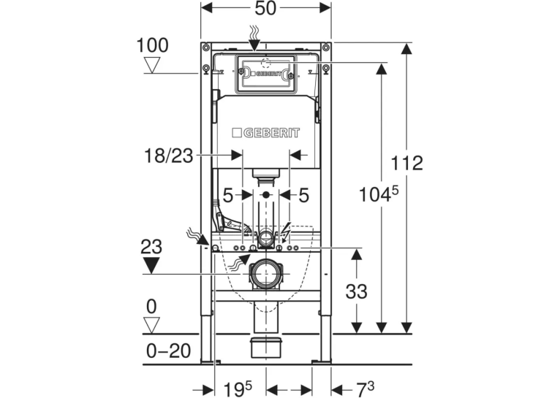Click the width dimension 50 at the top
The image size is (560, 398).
(x=265, y=9)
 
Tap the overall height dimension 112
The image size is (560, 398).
(x=406, y=163)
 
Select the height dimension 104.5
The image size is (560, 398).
(x=378, y=194)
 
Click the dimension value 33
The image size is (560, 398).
(x=356, y=291)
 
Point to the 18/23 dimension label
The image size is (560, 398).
(x=168, y=156)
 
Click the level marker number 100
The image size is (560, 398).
(x=153, y=46)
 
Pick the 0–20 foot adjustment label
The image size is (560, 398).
(x=168, y=351)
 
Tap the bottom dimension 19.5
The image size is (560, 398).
(x=238, y=389)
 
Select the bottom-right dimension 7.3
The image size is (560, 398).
(x=366, y=389)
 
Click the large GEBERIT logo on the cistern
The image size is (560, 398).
(x=265, y=133)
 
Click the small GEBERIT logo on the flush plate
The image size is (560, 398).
(x=265, y=74)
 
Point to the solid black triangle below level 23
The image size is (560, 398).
(x=151, y=266)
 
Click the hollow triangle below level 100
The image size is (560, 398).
(x=152, y=66)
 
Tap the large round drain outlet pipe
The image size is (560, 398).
(x=265, y=274)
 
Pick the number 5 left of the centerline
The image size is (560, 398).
(x=228, y=196)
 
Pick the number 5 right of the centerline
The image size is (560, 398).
(x=303, y=196)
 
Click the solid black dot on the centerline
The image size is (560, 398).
(x=265, y=195)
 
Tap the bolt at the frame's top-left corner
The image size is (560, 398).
(x=205, y=47)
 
